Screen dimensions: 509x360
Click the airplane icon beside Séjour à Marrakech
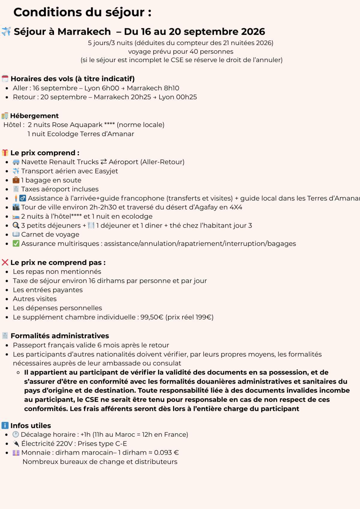pos(6,31)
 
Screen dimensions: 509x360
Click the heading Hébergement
pos(34,116)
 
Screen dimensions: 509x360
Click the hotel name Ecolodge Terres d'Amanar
pos(91,134)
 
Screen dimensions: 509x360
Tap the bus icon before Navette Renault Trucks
pos(16,162)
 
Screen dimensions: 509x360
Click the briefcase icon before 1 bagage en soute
pos(16,180)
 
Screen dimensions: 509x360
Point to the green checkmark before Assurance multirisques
pos(16,244)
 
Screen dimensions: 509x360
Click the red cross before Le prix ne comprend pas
pos(5,262)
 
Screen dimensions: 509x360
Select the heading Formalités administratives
pos(60,336)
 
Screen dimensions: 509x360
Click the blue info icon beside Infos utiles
pos(5,426)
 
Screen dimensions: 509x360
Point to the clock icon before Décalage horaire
pos(16,435)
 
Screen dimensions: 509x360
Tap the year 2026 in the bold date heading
pos(253,31)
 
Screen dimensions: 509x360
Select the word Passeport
pos(27,345)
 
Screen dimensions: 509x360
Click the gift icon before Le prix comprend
pos(5,153)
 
